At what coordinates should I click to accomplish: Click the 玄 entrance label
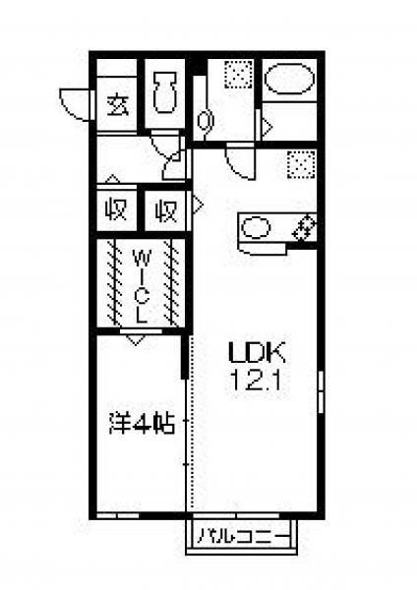point(118,106)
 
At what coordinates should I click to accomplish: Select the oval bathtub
point(289,78)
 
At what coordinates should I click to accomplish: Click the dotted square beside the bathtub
point(239,74)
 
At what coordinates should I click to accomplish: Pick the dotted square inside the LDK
point(301,164)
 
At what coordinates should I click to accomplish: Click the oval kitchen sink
point(256,228)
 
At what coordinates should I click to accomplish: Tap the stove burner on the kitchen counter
point(304,228)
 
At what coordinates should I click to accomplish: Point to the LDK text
point(257,353)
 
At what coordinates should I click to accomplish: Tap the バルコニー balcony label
point(244,536)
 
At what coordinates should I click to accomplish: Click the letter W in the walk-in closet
point(142,258)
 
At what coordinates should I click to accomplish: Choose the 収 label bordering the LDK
point(166,211)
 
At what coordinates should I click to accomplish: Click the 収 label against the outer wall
point(116,210)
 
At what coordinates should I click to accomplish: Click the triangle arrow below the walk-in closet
point(136,340)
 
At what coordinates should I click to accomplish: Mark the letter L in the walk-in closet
point(142,316)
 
